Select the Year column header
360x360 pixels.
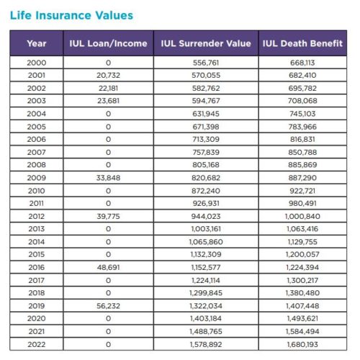coord(37,43)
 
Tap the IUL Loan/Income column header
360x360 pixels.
coord(108,43)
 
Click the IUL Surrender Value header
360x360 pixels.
coord(207,43)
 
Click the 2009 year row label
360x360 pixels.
coord(37,177)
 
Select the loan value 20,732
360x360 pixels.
coord(108,75)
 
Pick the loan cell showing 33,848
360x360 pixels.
coord(108,177)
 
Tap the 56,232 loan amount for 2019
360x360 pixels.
coord(108,305)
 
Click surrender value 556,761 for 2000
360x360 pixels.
coord(207,63)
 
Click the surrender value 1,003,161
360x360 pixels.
coord(207,228)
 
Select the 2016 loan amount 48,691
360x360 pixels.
coord(108,266)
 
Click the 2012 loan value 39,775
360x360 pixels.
coord(108,215)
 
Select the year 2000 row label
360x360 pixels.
coord(37,63)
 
